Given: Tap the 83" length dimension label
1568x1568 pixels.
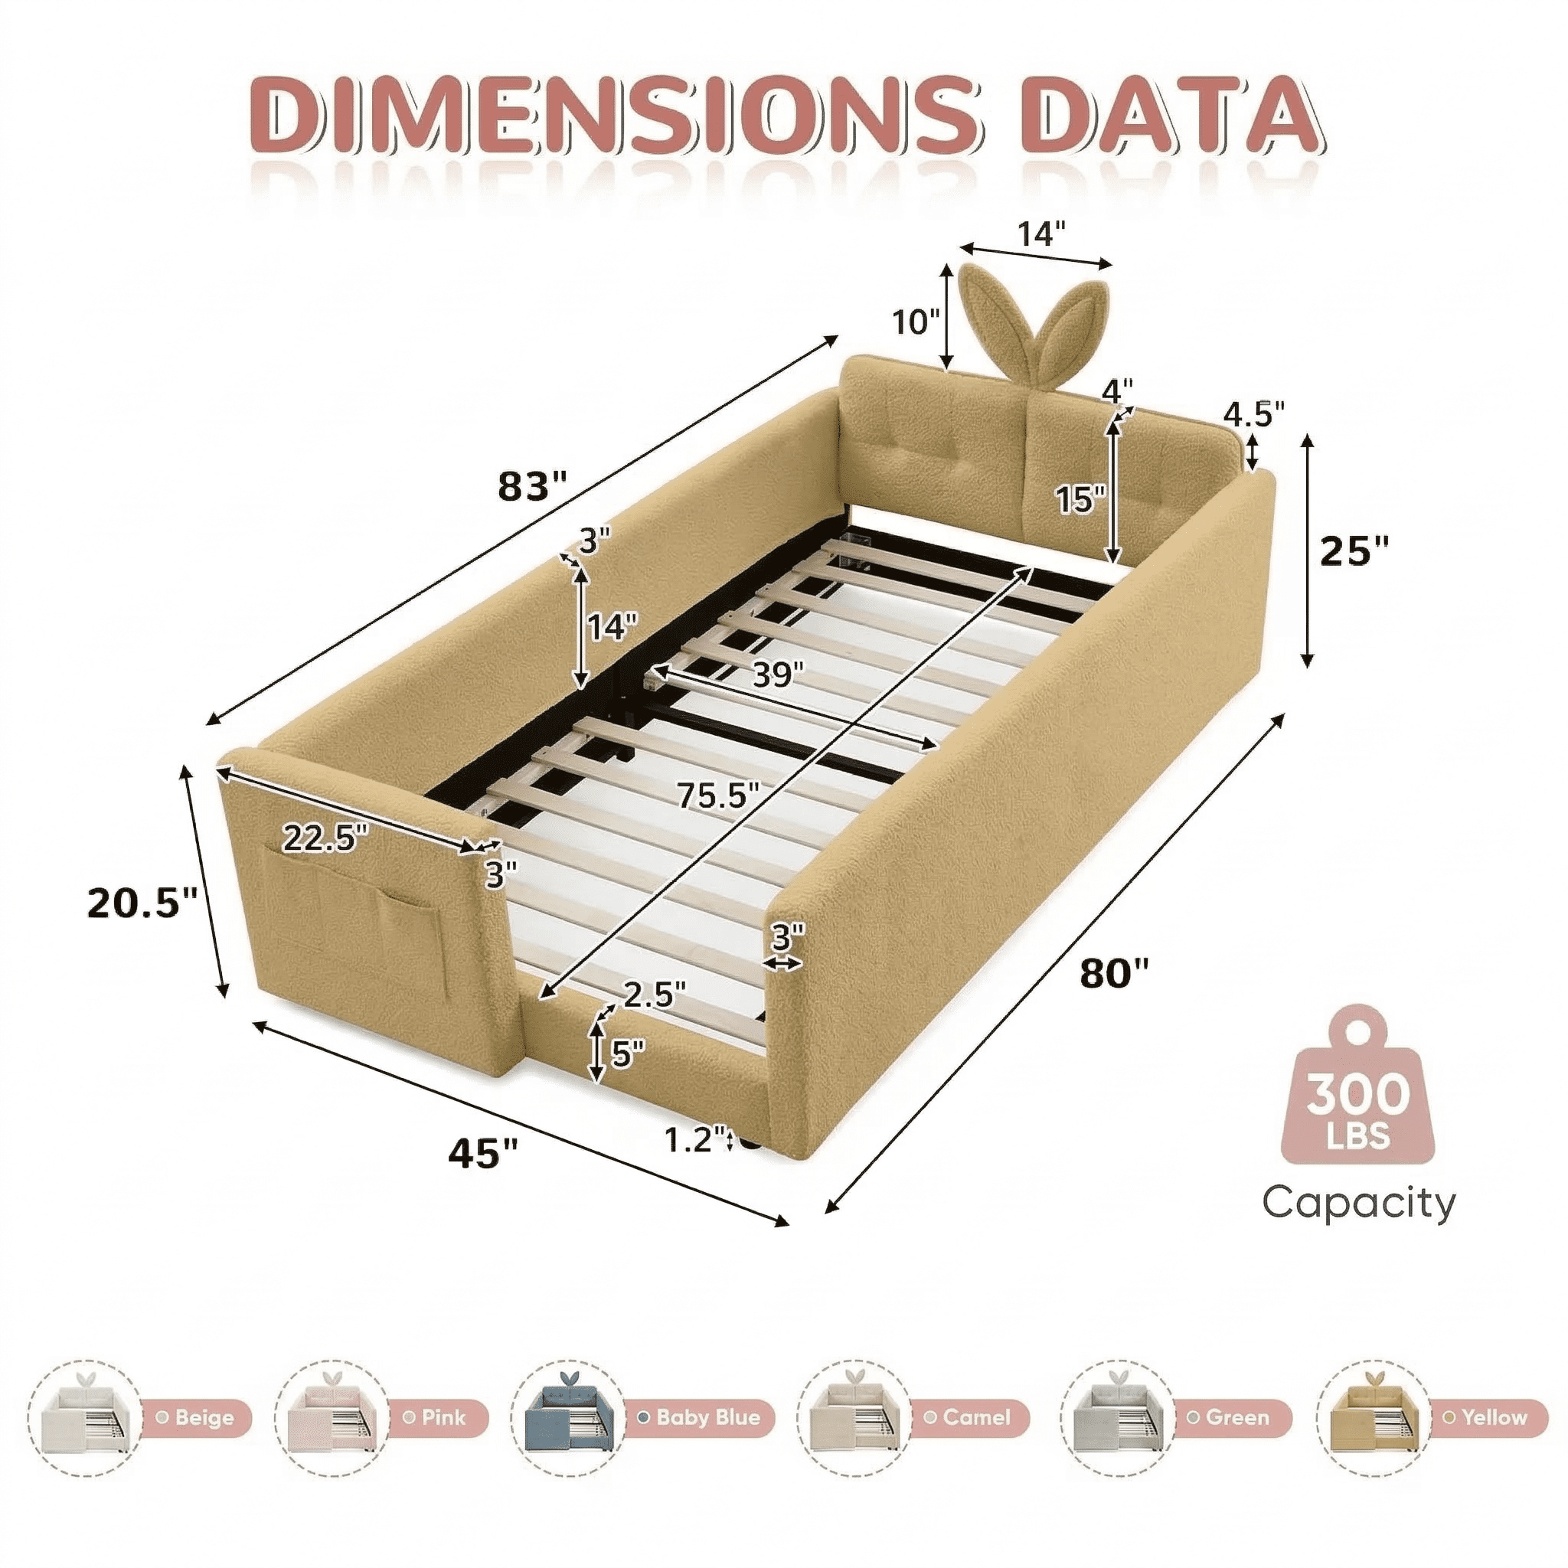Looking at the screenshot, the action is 531,485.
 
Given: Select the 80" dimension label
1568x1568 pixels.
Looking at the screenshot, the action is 1114,972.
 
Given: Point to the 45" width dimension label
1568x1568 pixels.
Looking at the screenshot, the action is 483,1151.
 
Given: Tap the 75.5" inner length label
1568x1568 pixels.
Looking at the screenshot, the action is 719,795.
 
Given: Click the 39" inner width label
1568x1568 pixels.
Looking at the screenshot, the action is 778,674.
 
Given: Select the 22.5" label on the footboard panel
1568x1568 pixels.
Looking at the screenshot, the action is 325,837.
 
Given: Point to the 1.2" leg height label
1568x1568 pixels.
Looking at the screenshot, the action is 694,1140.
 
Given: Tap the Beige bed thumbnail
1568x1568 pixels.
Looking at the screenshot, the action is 84,1417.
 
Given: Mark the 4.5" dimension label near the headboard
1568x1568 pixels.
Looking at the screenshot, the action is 1254,414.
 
